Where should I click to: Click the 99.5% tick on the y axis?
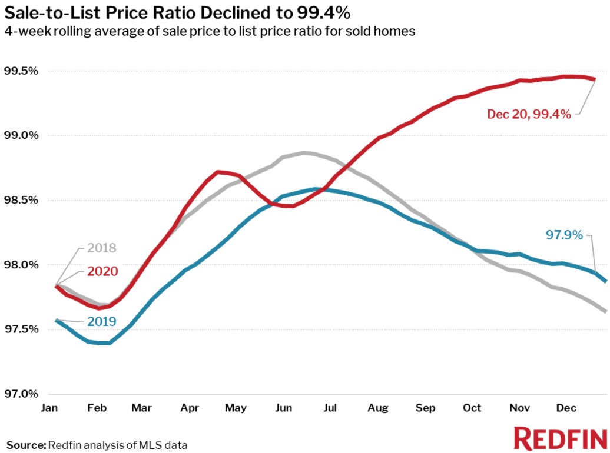pos(21,71)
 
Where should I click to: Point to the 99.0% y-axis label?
pos(21,135)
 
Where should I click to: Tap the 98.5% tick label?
pos(21,200)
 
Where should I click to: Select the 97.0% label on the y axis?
pos(21,394)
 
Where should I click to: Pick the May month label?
pos(236,408)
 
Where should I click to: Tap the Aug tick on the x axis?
pos(377,408)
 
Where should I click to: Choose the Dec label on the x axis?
pos(566,408)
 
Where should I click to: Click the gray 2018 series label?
pos(101,248)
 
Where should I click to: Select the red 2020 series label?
pos(101,271)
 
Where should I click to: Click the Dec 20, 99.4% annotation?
pos(529,114)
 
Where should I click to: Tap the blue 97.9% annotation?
pos(563,235)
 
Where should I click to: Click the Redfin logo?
pos(560,438)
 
